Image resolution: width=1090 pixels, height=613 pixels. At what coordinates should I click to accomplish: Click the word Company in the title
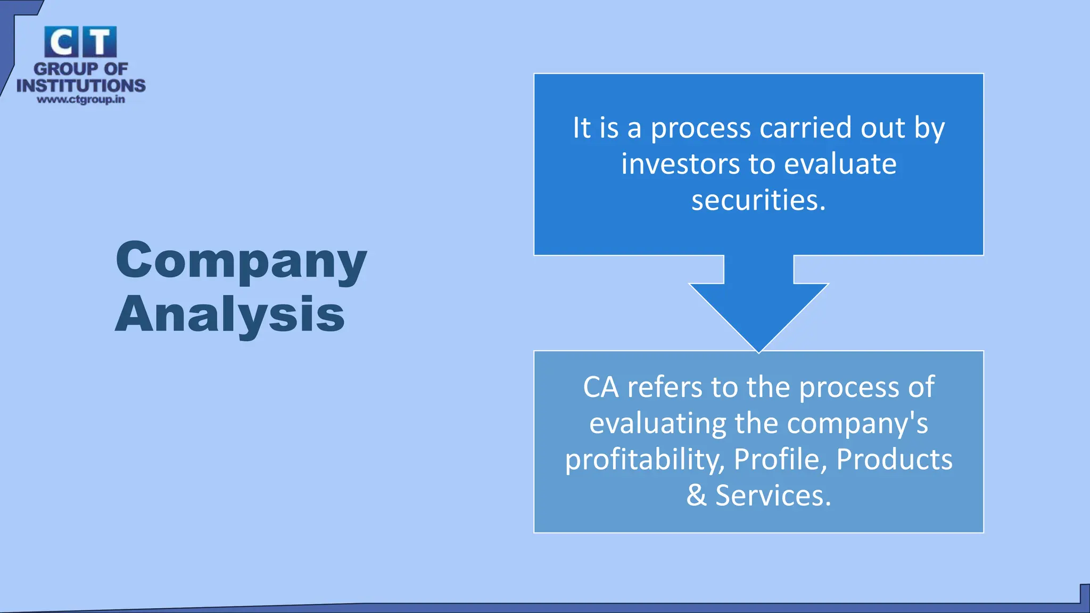click(241, 260)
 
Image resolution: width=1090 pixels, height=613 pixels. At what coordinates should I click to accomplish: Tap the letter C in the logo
click(61, 42)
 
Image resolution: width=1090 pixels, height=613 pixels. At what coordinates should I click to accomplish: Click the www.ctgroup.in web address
click(81, 100)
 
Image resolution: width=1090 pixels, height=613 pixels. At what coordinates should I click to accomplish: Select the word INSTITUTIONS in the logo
click(81, 86)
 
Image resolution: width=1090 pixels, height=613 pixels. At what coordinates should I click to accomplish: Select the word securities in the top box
click(758, 200)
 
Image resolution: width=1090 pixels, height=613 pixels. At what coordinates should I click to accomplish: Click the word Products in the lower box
click(894, 459)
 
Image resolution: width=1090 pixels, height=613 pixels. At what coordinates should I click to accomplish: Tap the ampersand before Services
click(696, 495)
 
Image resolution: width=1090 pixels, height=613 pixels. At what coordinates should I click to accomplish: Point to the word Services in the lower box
click(773, 495)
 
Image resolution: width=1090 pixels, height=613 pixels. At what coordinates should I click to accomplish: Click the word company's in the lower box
click(857, 424)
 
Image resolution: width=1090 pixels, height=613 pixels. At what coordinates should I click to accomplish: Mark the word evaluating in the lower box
click(658, 424)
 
